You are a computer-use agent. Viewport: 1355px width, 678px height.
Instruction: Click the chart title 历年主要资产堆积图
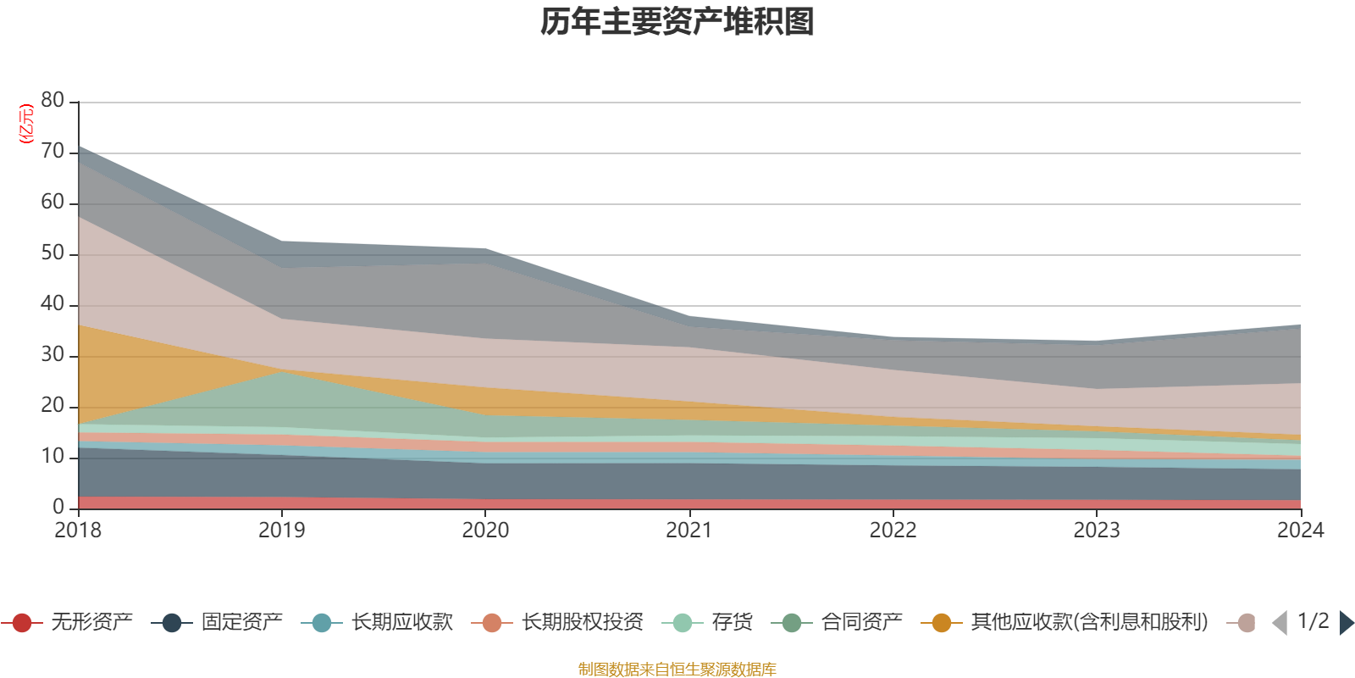[677, 22]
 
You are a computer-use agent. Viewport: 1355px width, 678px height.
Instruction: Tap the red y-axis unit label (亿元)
[26, 124]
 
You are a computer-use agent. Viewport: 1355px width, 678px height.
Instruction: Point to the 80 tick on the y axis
[53, 101]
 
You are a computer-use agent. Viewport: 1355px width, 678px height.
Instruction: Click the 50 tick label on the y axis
[53, 253]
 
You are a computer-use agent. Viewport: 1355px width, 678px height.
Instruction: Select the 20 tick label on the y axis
[53, 406]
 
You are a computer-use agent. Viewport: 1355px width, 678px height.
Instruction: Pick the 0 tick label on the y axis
[58, 507]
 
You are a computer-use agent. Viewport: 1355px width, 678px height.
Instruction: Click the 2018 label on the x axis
[78, 531]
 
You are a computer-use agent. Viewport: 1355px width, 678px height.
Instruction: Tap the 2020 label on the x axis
[485, 531]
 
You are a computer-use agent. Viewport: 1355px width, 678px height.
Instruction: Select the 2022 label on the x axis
[893, 531]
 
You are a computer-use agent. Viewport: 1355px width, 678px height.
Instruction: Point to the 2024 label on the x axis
[1300, 531]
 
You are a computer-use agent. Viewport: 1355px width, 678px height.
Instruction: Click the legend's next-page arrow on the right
[1346, 623]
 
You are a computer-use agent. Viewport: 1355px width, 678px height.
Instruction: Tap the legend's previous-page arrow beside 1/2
[1280, 623]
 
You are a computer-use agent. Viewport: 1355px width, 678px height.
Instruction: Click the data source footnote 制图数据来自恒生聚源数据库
[677, 670]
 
